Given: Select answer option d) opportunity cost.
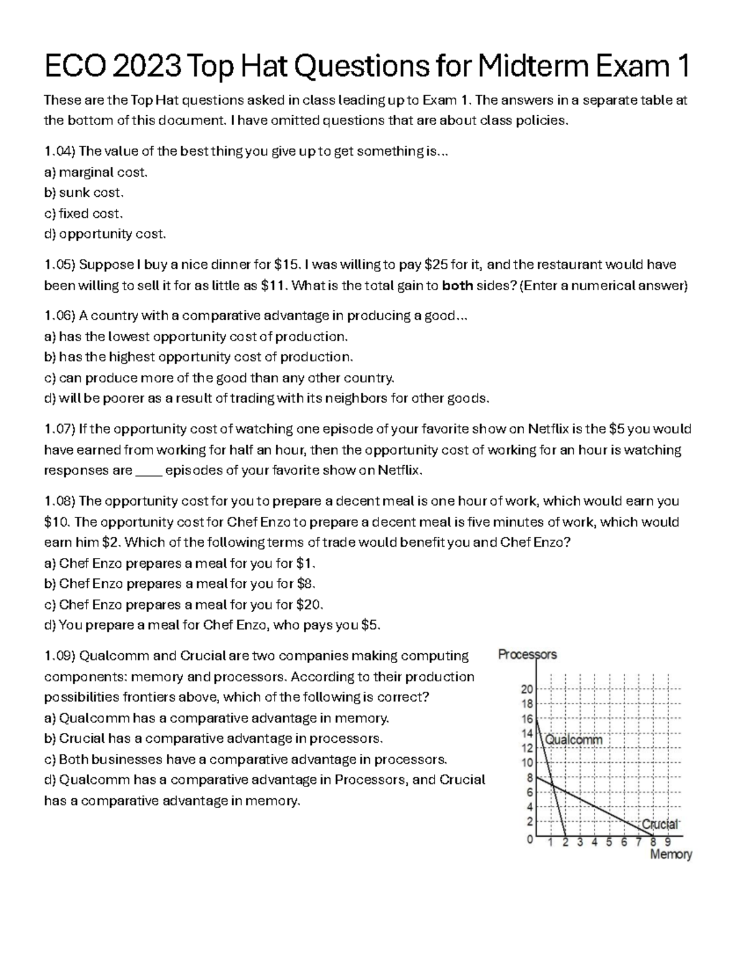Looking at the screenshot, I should pos(105,234).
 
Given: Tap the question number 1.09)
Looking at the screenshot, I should pos(60,656).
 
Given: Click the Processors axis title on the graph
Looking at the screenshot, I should pos(528,654).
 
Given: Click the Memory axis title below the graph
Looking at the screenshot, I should pos(671,855).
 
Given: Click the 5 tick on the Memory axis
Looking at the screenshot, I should pos(609,843).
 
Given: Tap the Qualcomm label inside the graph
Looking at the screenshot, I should pos(574,740).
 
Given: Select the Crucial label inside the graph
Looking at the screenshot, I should pos(660,824).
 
